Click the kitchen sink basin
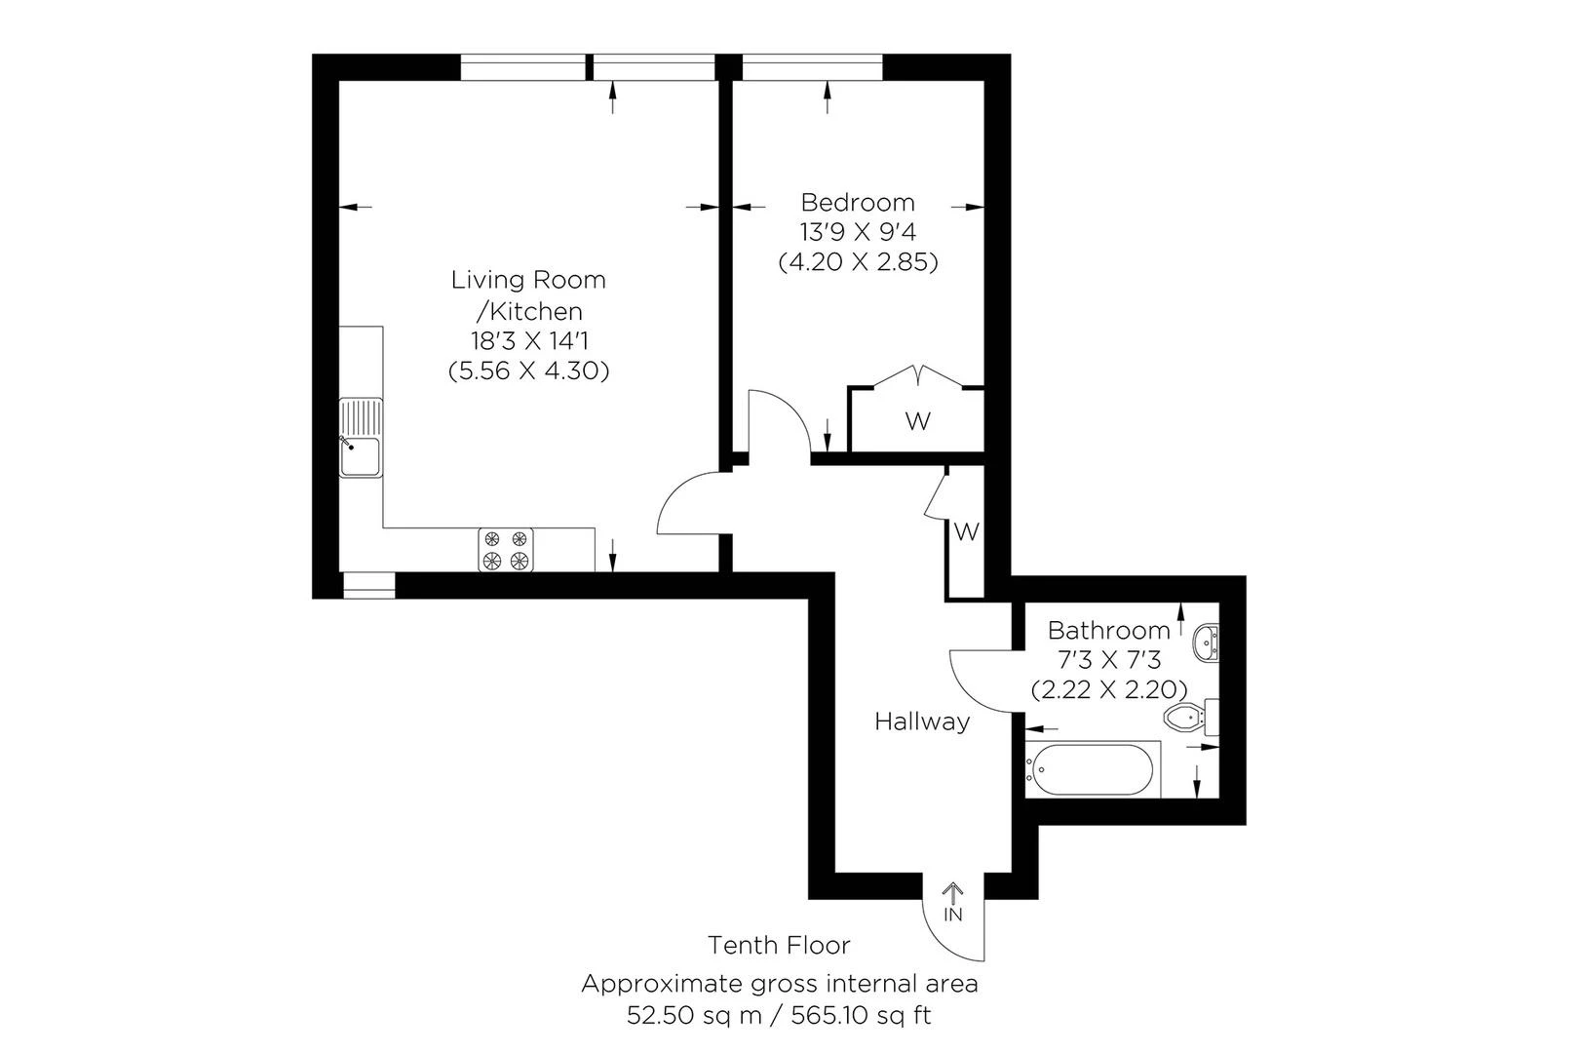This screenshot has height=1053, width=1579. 361,456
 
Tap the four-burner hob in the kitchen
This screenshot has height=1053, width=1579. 506,550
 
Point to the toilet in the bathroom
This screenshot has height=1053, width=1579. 1191,718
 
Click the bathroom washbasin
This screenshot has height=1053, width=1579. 1206,643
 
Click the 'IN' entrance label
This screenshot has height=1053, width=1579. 953,915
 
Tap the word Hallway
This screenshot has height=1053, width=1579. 922,721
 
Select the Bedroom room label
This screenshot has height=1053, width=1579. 858,203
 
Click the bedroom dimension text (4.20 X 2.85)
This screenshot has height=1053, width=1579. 859,262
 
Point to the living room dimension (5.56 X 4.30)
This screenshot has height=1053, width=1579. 528,370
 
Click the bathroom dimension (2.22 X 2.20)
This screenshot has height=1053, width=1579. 1109,689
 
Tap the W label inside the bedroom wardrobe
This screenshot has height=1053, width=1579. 918,422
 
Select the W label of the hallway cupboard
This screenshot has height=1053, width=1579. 967,531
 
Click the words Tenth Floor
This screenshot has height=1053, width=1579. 779,945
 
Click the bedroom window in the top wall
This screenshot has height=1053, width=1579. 812,67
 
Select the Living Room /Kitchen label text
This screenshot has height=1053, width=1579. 528,295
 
